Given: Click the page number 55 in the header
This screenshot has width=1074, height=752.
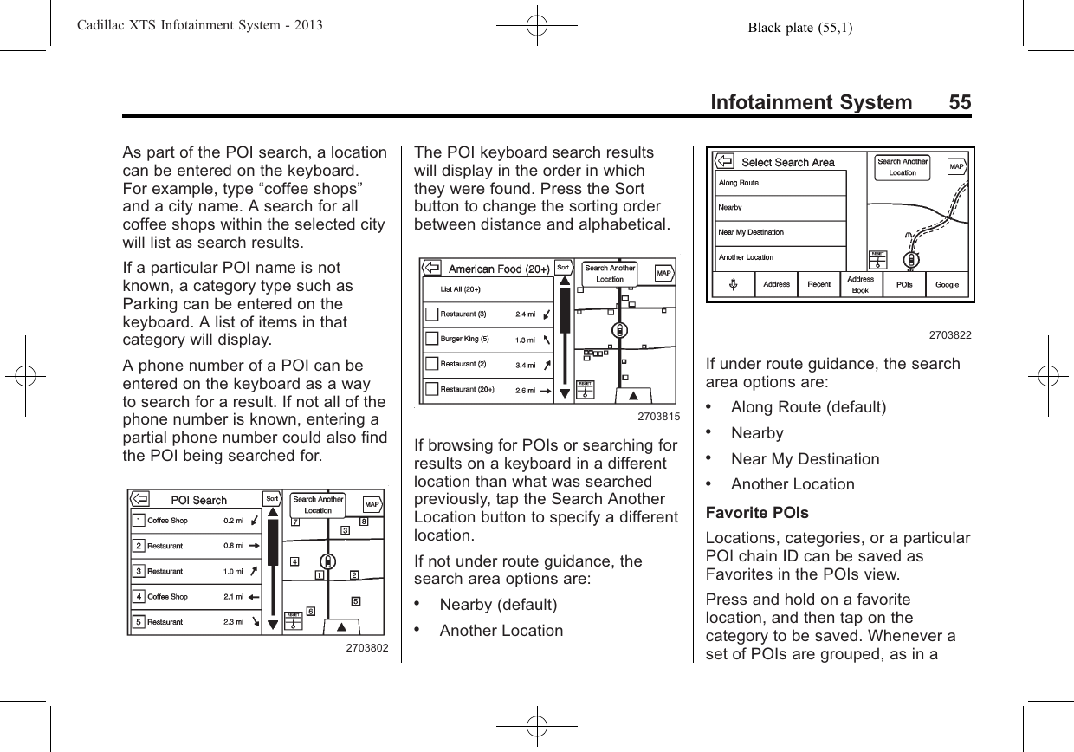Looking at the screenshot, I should [959, 103].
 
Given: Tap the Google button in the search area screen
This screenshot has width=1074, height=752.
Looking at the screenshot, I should [947, 285].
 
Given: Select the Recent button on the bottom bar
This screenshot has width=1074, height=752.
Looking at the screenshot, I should [818, 285].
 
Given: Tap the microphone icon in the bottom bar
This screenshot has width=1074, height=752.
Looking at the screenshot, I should [733, 285].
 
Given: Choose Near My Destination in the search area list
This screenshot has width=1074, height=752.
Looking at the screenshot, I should [751, 232].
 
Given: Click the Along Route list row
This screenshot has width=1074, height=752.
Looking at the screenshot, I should [738, 183].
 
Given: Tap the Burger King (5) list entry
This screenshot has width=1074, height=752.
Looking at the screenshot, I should [466, 339].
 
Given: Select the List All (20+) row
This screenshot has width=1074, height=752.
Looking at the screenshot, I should [462, 289].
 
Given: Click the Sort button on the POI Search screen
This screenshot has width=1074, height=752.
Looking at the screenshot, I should [272, 499].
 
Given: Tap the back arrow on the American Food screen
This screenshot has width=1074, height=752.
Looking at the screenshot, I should [431, 269].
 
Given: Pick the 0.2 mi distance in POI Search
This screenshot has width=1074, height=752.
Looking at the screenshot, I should [233, 521].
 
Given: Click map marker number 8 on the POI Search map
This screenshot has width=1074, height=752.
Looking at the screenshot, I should [364, 522].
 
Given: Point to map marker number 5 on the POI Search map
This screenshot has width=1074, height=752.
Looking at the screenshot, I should [355, 600].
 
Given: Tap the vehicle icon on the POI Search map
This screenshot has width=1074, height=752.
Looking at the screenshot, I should [327, 561].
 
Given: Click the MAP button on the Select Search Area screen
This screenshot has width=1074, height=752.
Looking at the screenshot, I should [956, 166].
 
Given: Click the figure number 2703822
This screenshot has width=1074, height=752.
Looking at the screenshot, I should [950, 334].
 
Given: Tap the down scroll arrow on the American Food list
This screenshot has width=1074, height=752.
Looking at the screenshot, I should [563, 393].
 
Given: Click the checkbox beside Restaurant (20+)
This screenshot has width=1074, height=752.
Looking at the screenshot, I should [431, 389].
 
